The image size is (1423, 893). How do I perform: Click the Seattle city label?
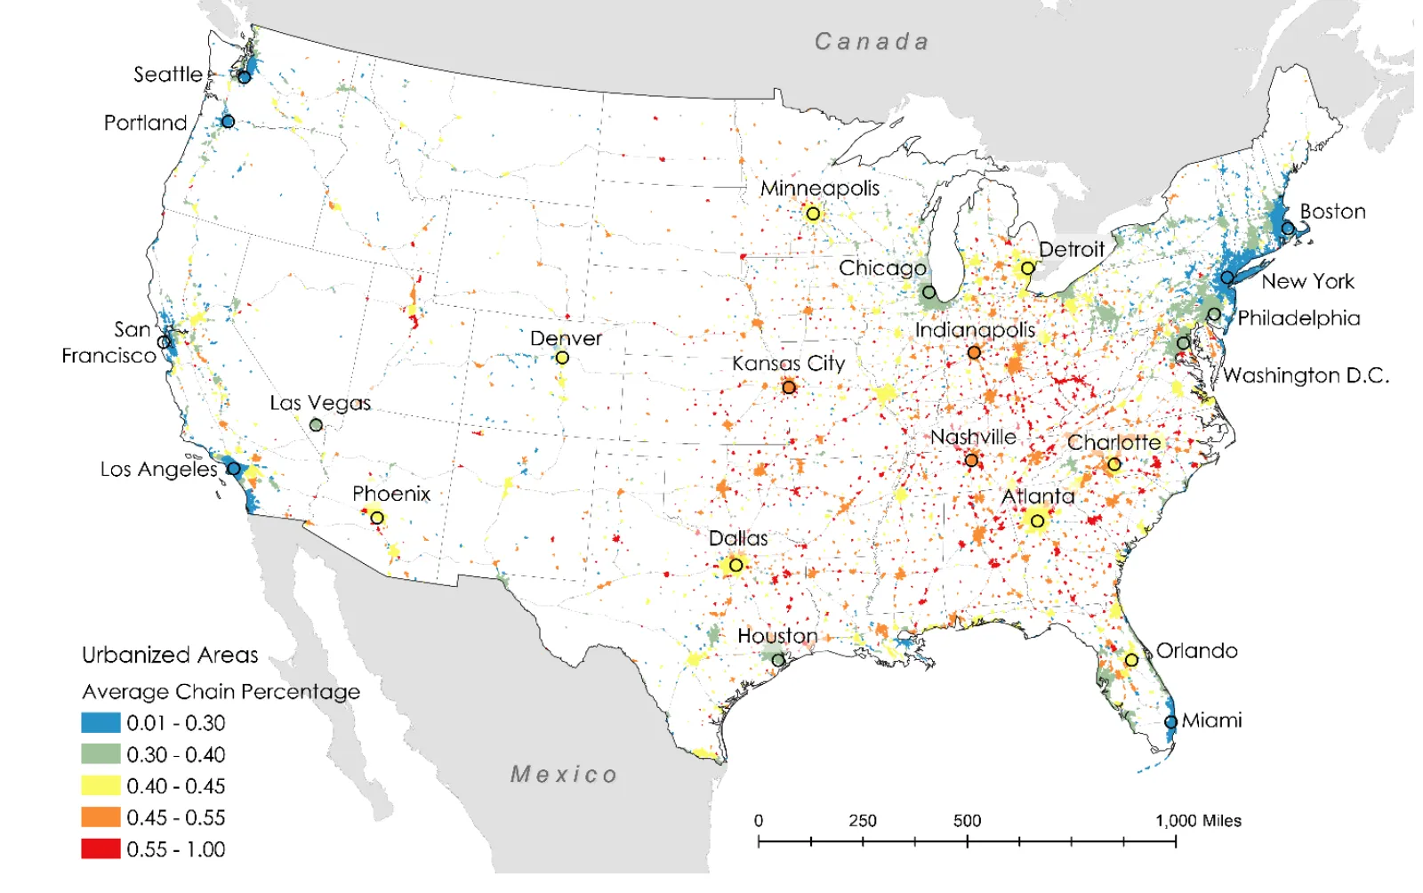point(168,74)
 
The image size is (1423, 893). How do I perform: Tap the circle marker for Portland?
point(228,121)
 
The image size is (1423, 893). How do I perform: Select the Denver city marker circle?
point(562,358)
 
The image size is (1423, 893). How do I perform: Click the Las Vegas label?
point(320,403)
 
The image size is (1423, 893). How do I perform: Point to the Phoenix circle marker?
point(377,518)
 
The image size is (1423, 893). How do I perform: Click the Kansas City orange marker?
point(789,387)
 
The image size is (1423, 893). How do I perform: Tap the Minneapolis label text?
point(819,189)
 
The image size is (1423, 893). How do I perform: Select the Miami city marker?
point(1170,722)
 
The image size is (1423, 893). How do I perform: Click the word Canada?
point(872,42)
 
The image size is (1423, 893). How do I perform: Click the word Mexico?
point(564,775)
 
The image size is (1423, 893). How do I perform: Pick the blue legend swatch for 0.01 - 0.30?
point(100,722)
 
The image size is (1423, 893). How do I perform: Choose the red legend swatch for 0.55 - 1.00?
point(100,849)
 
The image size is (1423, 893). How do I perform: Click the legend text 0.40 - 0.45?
point(176,786)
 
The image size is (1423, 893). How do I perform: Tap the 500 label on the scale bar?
point(967,821)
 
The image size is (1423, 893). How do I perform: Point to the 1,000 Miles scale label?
point(1198,821)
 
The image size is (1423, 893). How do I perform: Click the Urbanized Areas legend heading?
point(170,656)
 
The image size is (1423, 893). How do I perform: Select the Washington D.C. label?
point(1306,375)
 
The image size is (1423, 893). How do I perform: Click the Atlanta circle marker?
point(1037,521)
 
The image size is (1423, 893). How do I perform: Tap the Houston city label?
point(777,636)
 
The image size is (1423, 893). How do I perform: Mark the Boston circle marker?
point(1288,229)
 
